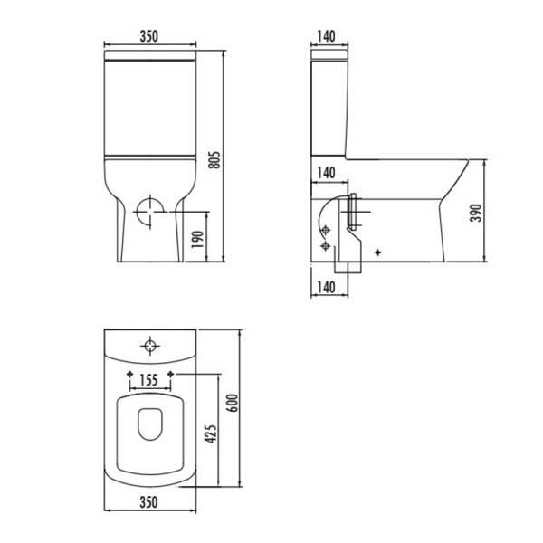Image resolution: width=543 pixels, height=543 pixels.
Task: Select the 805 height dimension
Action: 215,159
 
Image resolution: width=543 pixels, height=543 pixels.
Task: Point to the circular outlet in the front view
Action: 149,214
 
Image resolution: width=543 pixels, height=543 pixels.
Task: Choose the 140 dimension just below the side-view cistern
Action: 327,172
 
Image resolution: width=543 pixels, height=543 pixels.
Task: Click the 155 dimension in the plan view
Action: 150,381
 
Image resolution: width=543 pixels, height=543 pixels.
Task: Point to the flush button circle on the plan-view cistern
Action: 149,344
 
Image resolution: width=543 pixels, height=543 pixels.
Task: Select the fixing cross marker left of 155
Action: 130,374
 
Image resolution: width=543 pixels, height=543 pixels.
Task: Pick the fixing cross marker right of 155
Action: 169,374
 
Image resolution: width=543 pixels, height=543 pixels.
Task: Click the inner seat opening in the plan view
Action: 149,425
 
